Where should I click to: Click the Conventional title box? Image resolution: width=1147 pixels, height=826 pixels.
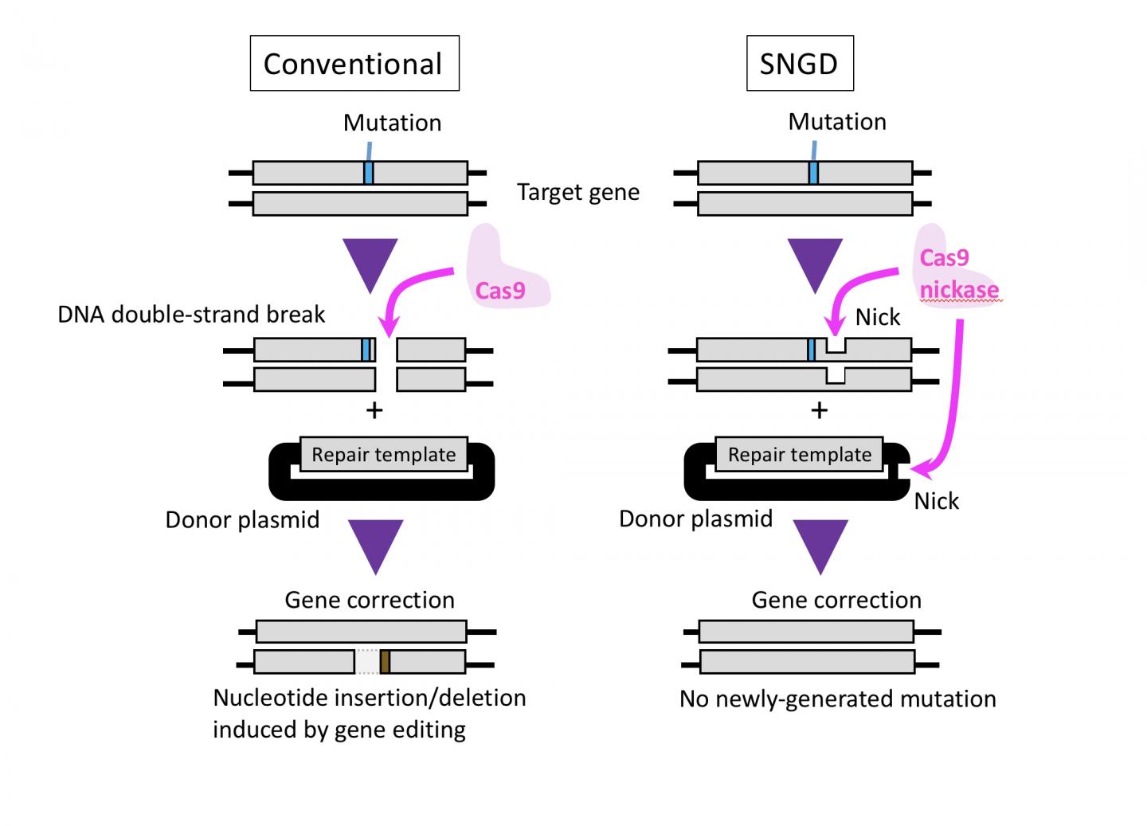[x=354, y=64]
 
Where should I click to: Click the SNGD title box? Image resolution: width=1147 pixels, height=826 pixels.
[x=799, y=64]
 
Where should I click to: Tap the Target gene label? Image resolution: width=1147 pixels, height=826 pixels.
[x=577, y=193]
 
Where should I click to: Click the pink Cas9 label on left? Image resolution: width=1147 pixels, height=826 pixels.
[x=500, y=291]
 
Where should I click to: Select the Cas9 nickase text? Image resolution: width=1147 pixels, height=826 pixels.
[x=958, y=274]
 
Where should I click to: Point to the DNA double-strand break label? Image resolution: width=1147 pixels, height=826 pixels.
[x=191, y=315]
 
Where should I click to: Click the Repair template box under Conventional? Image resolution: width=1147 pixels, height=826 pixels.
[x=383, y=455]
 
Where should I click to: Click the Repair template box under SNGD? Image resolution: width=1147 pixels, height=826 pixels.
[x=800, y=455]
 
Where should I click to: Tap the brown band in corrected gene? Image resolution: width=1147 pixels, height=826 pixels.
[x=385, y=662]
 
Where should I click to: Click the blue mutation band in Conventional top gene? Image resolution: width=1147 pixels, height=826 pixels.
[x=368, y=173]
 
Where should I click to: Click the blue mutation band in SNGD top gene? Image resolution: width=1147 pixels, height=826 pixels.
[x=813, y=173]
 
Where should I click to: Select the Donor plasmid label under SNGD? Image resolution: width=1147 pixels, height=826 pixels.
[x=695, y=519]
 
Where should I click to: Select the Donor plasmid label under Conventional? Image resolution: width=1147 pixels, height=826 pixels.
[x=242, y=520]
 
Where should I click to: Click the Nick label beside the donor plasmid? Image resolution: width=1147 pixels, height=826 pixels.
[x=936, y=501]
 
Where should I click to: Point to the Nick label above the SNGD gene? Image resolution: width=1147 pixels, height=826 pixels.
[x=877, y=317]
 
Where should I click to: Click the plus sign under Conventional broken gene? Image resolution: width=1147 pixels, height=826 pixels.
[x=374, y=410]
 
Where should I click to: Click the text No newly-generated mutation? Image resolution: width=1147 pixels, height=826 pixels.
[x=837, y=699]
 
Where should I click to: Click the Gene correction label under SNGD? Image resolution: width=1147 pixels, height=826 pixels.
[x=836, y=600]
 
